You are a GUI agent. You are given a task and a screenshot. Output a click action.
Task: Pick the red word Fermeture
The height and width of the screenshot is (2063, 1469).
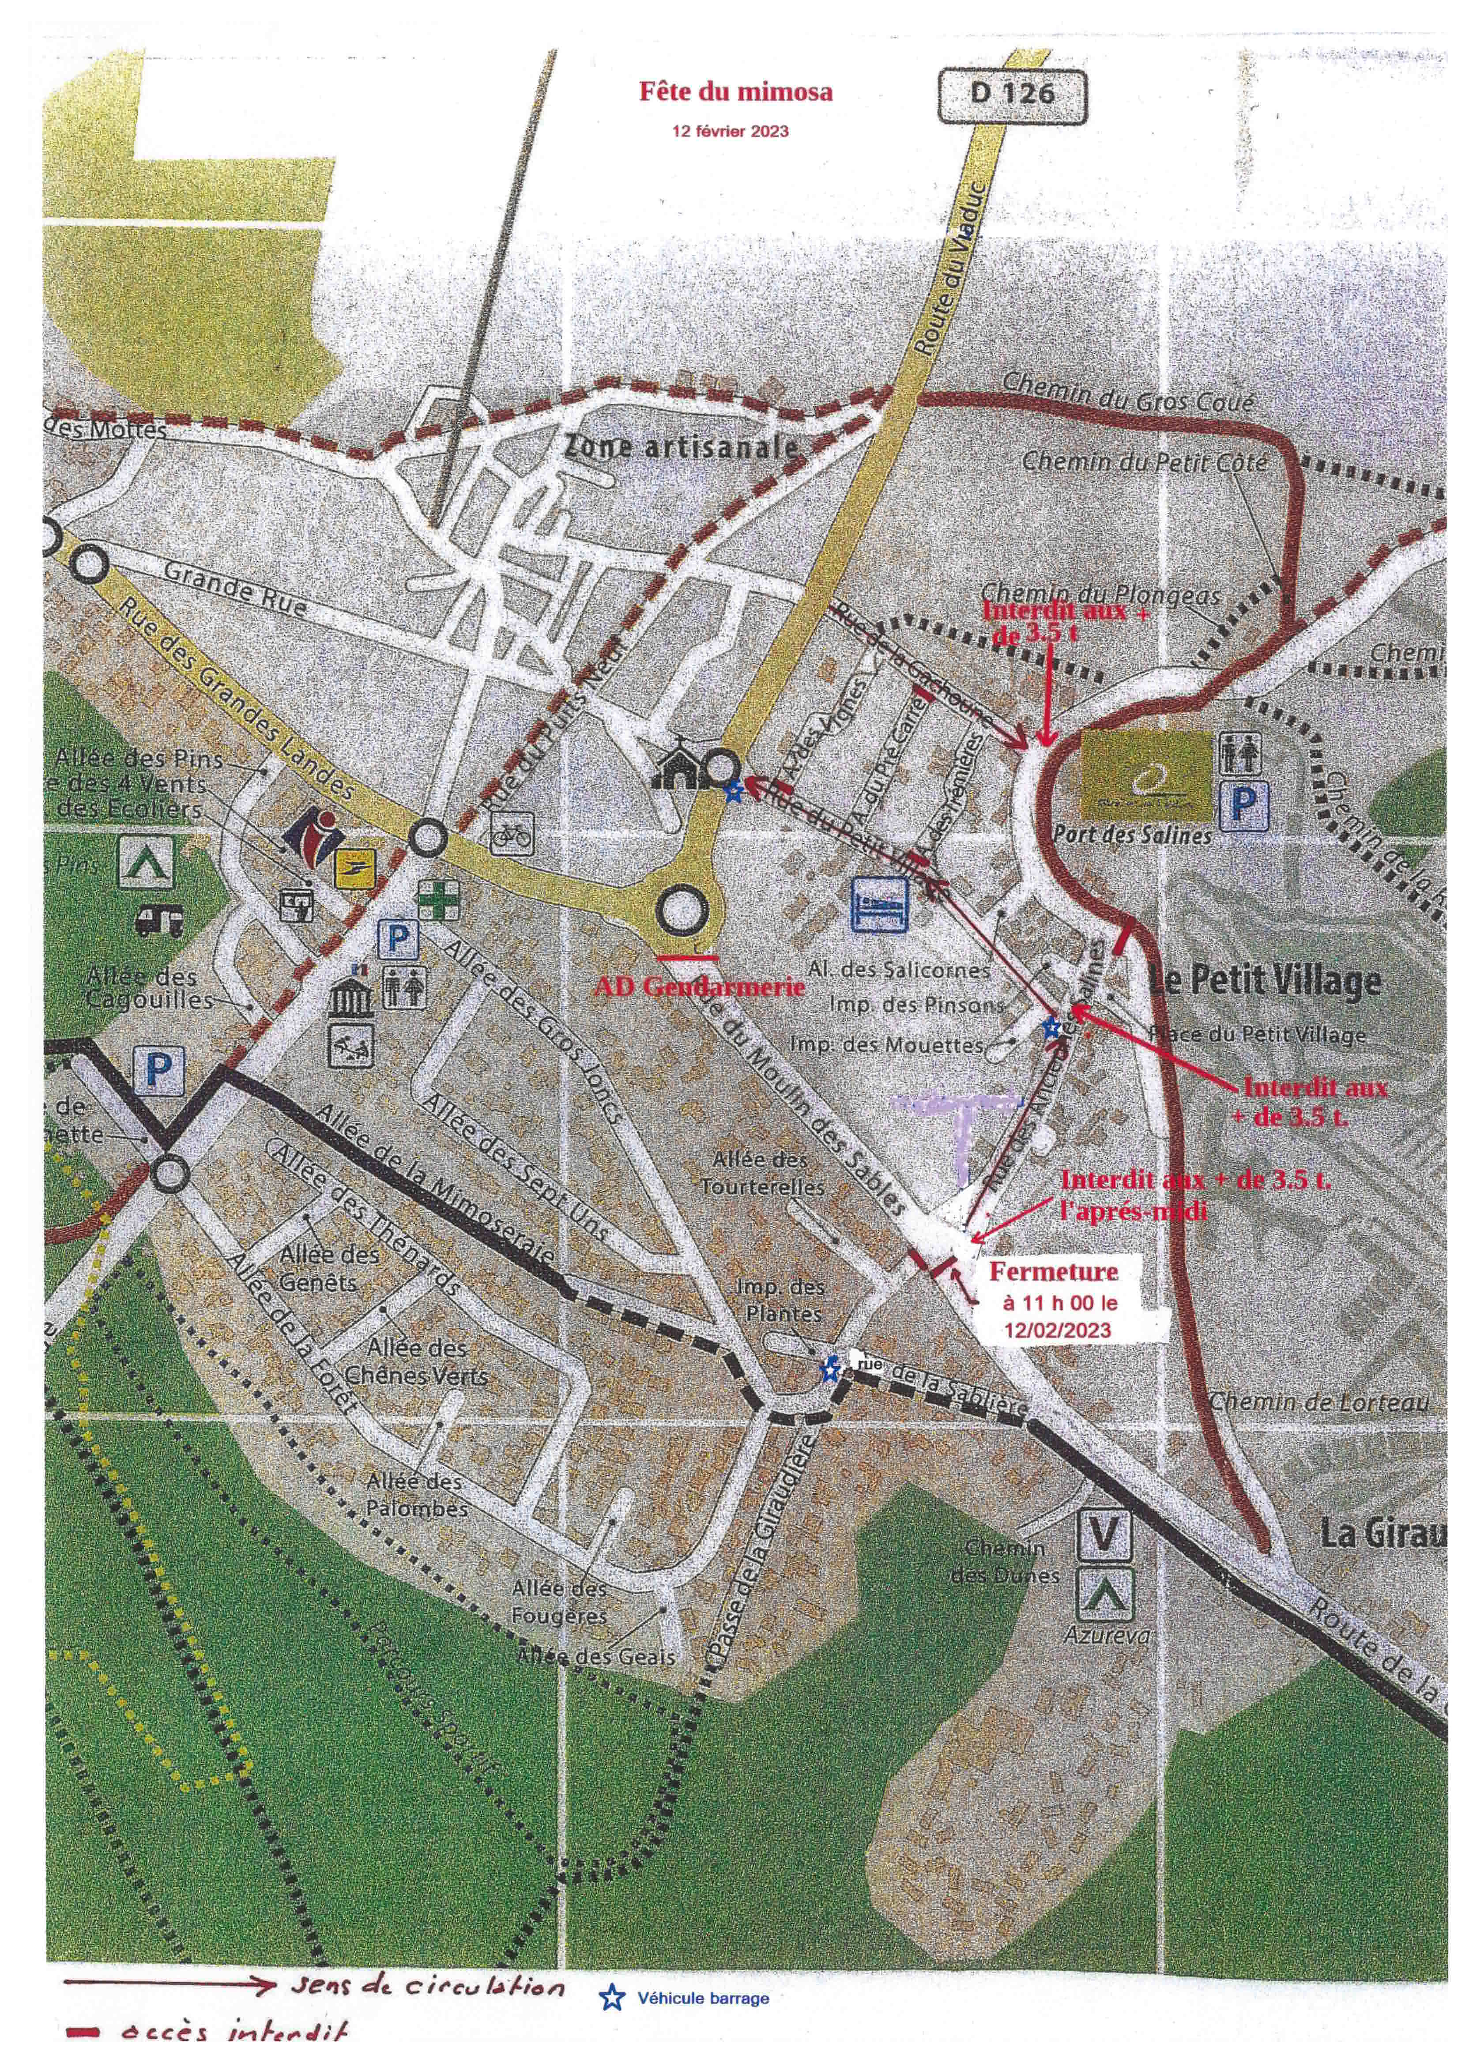tap(1053, 1271)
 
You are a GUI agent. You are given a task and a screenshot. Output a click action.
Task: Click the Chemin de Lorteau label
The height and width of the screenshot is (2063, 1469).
tap(1320, 1403)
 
